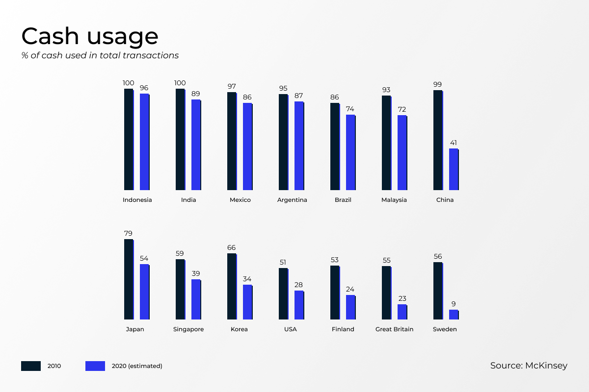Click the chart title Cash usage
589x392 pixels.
click(x=90, y=37)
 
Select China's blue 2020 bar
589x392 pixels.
click(x=454, y=170)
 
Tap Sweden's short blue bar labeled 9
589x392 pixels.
click(x=454, y=315)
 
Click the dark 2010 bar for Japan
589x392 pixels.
click(x=129, y=279)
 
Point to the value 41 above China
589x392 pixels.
click(x=454, y=143)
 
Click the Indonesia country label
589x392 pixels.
click(x=137, y=200)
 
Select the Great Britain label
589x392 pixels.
click(x=394, y=329)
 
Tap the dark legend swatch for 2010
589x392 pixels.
click(x=31, y=366)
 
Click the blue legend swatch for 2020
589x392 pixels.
click(x=95, y=366)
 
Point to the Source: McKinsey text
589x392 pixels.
click(x=529, y=366)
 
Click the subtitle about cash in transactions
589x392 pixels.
click(x=100, y=55)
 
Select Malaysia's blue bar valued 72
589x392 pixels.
click(x=402, y=152)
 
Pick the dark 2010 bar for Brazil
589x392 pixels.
click(x=335, y=147)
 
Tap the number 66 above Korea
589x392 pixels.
click(x=231, y=247)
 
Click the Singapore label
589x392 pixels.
click(x=188, y=329)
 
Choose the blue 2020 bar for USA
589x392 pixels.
click(x=299, y=305)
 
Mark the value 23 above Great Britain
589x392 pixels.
click(x=402, y=298)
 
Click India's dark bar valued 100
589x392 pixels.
click(x=181, y=140)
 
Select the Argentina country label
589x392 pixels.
click(x=292, y=200)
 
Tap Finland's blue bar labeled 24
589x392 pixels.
click(x=351, y=307)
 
